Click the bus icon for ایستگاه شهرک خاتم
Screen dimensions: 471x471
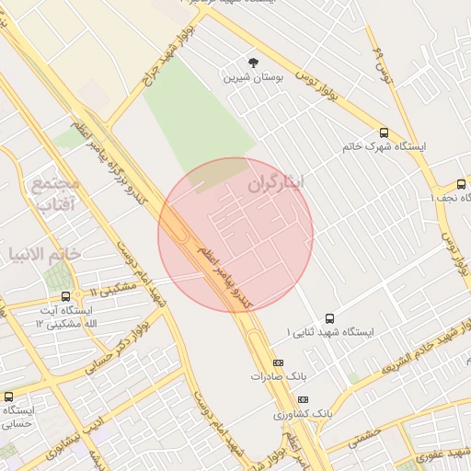tap(384, 132)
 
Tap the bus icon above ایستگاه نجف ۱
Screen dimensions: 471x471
tap(461, 184)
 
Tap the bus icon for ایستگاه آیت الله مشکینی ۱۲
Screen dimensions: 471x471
tap(65, 296)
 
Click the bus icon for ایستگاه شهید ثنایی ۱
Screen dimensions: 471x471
tap(330, 316)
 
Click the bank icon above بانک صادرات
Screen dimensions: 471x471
tap(279, 362)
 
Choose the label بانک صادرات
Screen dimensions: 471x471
tap(274, 376)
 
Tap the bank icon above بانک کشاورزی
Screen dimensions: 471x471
tap(304, 399)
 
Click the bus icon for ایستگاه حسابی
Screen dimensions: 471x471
tap(8, 396)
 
